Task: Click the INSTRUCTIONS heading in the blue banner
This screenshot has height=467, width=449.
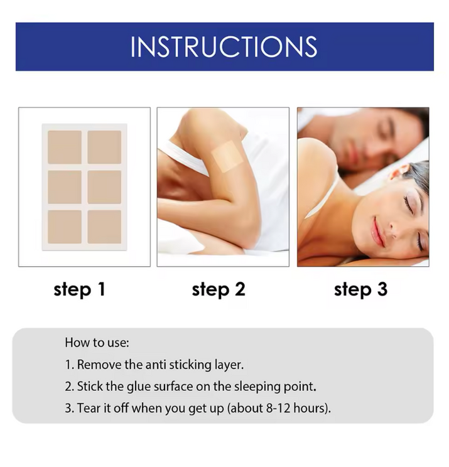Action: [x=224, y=46]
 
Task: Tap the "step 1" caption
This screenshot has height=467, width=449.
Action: [x=80, y=290]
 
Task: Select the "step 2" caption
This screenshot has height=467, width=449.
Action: [x=219, y=290]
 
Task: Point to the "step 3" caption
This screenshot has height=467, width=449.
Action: [x=361, y=290]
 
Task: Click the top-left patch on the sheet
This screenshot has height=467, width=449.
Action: [x=65, y=147]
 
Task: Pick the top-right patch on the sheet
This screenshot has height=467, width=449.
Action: [x=104, y=147]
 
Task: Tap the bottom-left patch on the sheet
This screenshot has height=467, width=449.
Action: [x=65, y=227]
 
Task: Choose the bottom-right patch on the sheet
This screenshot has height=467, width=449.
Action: [x=104, y=227]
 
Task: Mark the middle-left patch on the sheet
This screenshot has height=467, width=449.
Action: [x=65, y=187]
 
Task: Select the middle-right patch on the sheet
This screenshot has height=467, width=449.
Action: [x=104, y=187]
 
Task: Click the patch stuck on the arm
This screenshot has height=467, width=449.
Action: [x=227, y=156]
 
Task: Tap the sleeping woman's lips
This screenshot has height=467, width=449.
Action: [x=377, y=228]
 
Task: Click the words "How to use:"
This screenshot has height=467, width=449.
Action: [x=97, y=343]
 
